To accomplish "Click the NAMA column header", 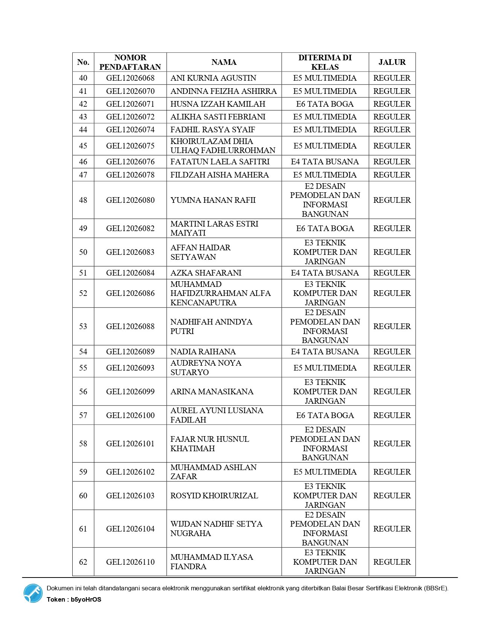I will coord(224,62).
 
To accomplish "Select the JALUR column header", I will coord(392,62).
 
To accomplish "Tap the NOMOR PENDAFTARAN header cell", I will coord(130,62).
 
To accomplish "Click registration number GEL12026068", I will coord(130,78).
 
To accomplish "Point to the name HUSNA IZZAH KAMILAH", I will coord(218,104).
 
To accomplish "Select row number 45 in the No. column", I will coord(83,146).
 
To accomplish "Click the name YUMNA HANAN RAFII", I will coord(213,200).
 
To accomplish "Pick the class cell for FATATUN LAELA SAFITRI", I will coord(325,162).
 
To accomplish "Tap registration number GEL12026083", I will coord(130,252).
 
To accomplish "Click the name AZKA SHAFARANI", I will coord(206,273).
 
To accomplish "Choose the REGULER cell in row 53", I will coord(392,326).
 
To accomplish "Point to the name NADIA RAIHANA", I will coord(203,352).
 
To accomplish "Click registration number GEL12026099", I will coord(130,392).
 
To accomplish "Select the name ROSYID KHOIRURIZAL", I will coord(214,496).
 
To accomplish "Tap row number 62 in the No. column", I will coord(83,562).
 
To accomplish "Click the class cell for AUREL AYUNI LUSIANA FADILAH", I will coord(325,415).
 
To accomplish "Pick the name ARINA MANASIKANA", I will coord(212,392).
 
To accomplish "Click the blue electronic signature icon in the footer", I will coord(33,593).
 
